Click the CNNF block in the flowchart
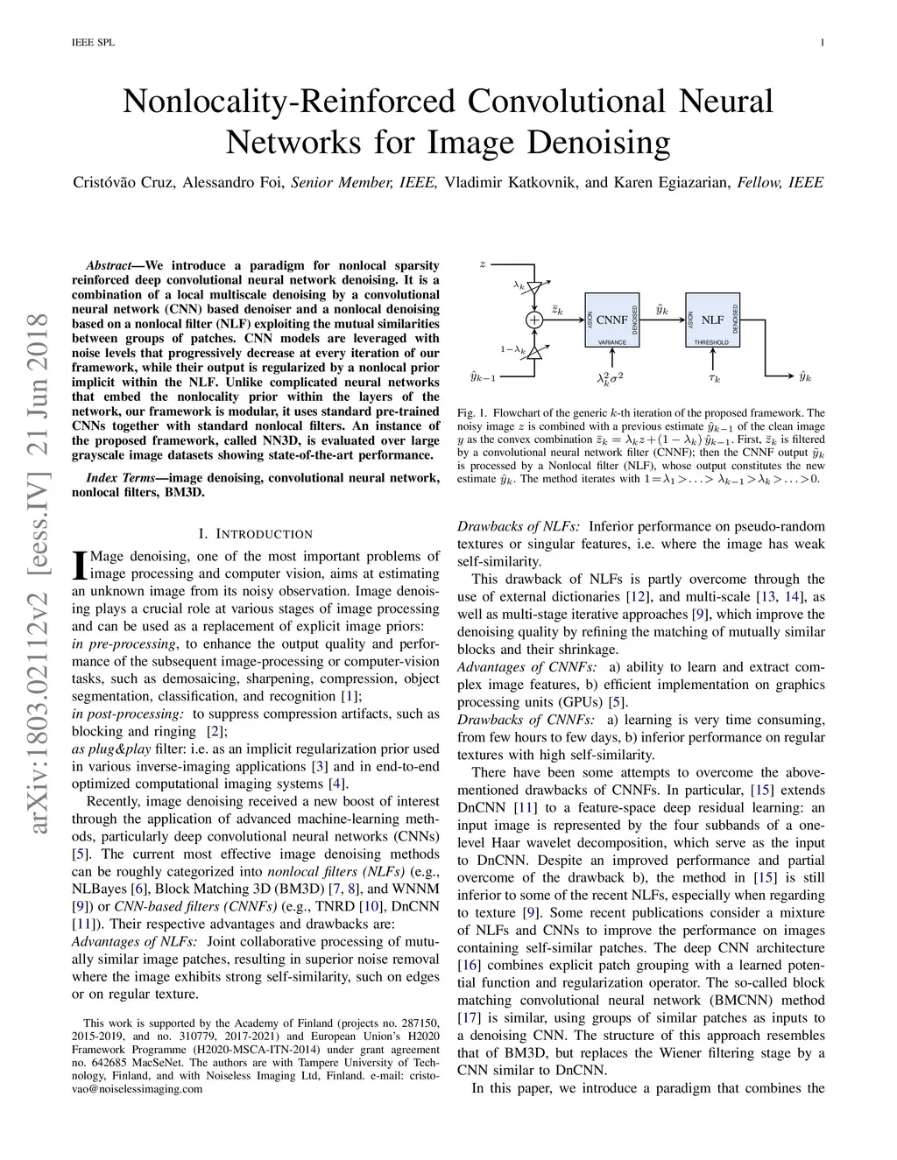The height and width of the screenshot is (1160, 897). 612,320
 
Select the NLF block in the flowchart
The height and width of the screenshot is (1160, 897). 712,320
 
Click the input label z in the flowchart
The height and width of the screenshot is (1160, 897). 482,264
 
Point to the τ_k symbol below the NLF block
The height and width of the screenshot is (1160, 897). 714,377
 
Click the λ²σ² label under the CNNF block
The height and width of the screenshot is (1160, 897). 610,377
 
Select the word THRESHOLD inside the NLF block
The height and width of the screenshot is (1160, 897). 711,342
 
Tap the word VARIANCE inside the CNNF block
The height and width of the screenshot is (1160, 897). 612,342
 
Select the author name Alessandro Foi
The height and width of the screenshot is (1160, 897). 232,183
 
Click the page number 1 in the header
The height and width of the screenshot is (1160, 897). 823,42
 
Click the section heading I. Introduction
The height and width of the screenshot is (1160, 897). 255,533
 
